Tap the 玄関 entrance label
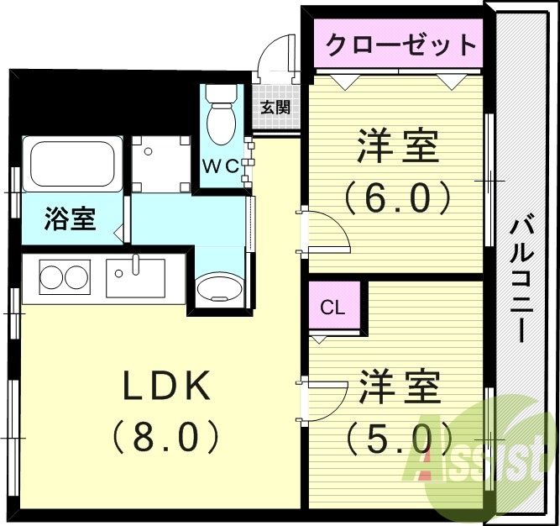tap(275, 108)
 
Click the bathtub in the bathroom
tap(72, 165)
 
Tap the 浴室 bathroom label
tap(70, 220)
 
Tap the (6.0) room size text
tap(397, 198)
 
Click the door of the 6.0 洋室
tap(323, 234)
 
